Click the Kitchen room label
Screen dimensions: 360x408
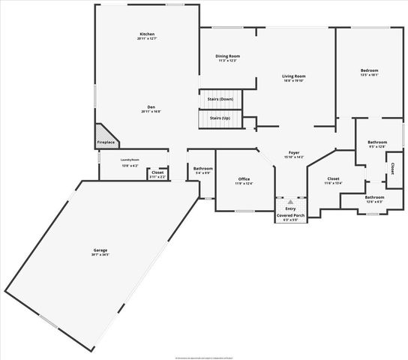[147, 34]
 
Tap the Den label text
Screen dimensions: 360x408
[151, 106]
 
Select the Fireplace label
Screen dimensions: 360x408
[106, 142]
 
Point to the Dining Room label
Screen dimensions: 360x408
[227, 56]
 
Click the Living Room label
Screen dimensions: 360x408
[293, 76]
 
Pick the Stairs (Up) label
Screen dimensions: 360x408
[220, 118]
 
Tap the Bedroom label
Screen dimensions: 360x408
[370, 70]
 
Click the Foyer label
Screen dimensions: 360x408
[294, 153]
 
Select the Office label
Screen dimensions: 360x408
[244, 178]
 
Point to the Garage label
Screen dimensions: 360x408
[100, 250]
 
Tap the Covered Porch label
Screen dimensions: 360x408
[290, 215]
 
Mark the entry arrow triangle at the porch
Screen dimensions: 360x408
[290, 202]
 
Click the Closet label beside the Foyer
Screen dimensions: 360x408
[333, 178]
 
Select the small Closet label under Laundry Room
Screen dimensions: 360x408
[157, 172]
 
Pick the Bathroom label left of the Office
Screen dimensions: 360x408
[202, 169]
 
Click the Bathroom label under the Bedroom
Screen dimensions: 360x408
[377, 142]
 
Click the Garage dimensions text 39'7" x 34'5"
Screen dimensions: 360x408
[100, 255]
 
